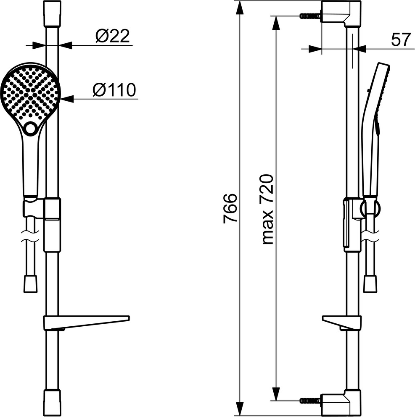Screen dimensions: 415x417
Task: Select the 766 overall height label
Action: click(230, 208)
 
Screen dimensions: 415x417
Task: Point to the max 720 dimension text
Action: click(267, 209)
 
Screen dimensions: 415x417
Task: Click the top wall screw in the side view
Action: click(310, 16)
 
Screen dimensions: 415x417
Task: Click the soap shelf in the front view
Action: click(87, 323)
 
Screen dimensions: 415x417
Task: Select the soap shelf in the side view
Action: click(342, 323)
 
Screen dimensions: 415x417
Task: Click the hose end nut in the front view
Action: click(30, 284)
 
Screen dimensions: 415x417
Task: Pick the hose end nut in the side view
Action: click(370, 284)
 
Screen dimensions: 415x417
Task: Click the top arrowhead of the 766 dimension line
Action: click(240, 8)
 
